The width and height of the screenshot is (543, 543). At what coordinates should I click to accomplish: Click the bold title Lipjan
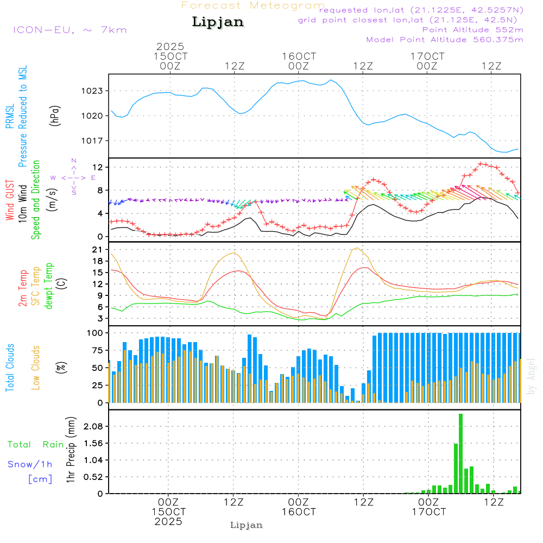pos(217,22)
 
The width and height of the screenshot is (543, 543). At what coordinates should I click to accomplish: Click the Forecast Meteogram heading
pos(253,5)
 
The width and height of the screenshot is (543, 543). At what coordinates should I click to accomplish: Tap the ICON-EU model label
pos(70,29)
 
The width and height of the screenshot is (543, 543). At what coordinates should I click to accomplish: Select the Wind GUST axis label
pos(10,201)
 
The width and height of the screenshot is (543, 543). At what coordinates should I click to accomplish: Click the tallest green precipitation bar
pos(460,453)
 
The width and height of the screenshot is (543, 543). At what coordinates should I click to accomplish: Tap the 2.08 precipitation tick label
pos(93,426)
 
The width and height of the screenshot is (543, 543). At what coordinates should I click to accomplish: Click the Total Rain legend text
pos(36,444)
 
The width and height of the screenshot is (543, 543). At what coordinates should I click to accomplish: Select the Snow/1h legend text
pos(30,464)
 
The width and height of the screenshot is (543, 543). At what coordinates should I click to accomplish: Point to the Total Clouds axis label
pos(10,367)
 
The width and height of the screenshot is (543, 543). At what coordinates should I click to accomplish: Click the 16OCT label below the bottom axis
pos(299,512)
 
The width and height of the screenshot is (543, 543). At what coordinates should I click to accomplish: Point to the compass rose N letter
pos(74,160)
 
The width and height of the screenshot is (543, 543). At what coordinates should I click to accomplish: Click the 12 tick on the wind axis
pos(98,167)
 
